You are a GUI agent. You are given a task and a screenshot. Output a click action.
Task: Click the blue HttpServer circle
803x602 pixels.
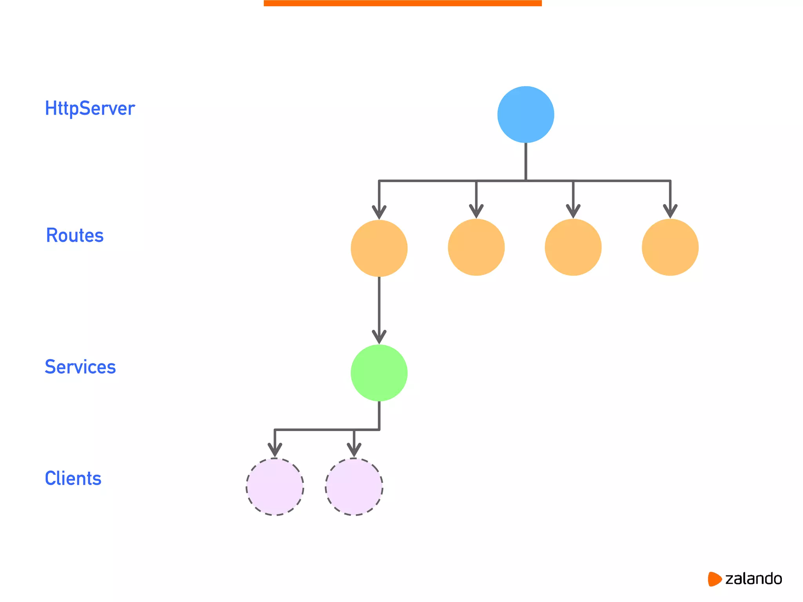525,114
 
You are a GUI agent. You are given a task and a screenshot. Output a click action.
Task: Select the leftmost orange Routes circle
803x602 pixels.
379,248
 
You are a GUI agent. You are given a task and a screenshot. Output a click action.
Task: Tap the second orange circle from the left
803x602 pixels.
476,247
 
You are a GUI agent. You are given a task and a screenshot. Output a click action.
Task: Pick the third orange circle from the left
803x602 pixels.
573,247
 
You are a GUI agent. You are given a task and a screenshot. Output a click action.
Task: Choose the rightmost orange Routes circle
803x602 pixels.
670,247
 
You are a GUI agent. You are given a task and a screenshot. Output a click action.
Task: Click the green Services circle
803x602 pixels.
379,373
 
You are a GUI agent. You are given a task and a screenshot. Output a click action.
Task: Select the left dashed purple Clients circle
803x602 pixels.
275,487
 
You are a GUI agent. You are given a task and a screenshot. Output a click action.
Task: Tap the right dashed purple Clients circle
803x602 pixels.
354,487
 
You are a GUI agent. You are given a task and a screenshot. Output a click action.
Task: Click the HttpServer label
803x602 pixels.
90,109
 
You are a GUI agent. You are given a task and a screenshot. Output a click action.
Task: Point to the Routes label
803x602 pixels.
74,236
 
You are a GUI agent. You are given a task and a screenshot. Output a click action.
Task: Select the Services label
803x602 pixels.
80,367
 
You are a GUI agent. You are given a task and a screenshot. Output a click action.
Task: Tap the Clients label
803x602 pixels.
73,479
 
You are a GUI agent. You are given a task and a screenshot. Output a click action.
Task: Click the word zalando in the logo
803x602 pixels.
753,579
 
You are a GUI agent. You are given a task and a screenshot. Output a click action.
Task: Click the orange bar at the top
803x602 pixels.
403,3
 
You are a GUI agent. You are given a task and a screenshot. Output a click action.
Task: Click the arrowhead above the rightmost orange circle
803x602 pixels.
670,211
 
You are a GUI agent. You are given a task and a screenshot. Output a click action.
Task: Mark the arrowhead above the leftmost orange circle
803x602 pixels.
379,212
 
